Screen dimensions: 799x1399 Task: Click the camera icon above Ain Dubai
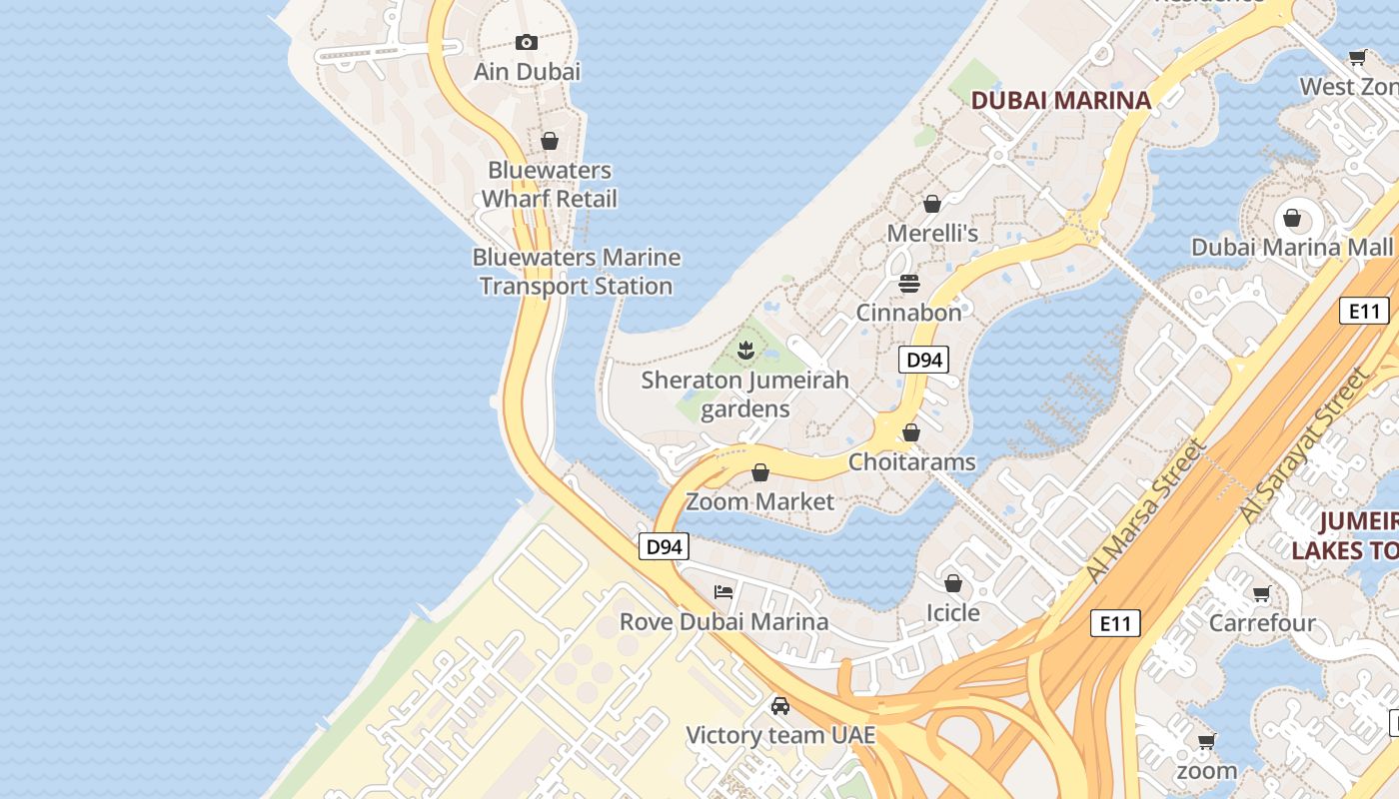tap(527, 42)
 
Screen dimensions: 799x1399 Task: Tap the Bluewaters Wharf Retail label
tap(549, 185)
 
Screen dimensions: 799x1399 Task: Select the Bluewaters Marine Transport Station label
tap(577, 272)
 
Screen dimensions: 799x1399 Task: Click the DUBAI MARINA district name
tap(1061, 100)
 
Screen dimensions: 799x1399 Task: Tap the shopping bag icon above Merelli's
tap(932, 204)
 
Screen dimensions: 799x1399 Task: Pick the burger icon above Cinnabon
tap(908, 284)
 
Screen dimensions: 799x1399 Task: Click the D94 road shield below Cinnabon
tap(923, 360)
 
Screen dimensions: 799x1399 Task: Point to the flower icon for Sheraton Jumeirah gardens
tap(744, 350)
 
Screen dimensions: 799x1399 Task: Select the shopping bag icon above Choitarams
tap(911, 432)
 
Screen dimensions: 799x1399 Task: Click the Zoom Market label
tap(759, 501)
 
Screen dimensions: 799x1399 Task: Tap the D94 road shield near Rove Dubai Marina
tap(664, 546)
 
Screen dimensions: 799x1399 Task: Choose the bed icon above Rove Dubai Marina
tap(723, 592)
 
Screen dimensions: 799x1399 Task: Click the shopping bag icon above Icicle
tap(953, 583)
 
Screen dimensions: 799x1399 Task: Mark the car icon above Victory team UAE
tap(780, 706)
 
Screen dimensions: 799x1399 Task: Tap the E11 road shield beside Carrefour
tap(1114, 624)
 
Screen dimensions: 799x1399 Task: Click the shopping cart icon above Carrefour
tap(1262, 594)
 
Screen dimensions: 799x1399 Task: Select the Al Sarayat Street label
tap(1303, 444)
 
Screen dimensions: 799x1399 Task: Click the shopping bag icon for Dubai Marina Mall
tap(1292, 218)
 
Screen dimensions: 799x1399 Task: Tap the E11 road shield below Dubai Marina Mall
tap(1364, 311)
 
